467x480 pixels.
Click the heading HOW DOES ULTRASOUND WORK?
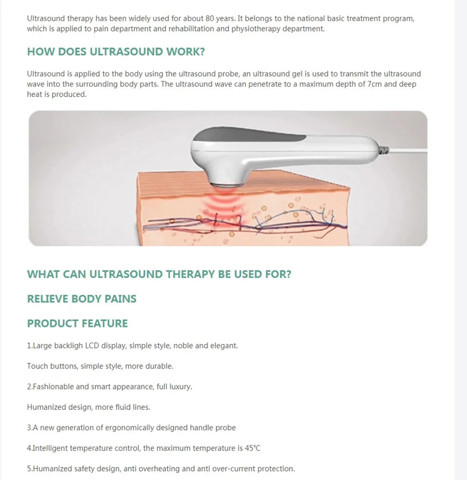pyautogui.click(x=116, y=52)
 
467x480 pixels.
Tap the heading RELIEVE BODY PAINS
pyautogui.click(x=82, y=299)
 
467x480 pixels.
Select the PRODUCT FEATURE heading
pyautogui.click(x=77, y=324)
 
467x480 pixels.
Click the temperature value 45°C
pyautogui.click(x=252, y=448)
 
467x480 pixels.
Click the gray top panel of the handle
pyautogui.click(x=248, y=136)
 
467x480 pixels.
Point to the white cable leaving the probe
pyautogui.click(x=411, y=150)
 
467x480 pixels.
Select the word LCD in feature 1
pyautogui.click(x=92, y=346)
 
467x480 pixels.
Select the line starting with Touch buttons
pyautogui.click(x=100, y=366)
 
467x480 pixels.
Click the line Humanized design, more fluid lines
pyautogui.click(x=88, y=407)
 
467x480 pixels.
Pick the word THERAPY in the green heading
pyautogui.click(x=192, y=274)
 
